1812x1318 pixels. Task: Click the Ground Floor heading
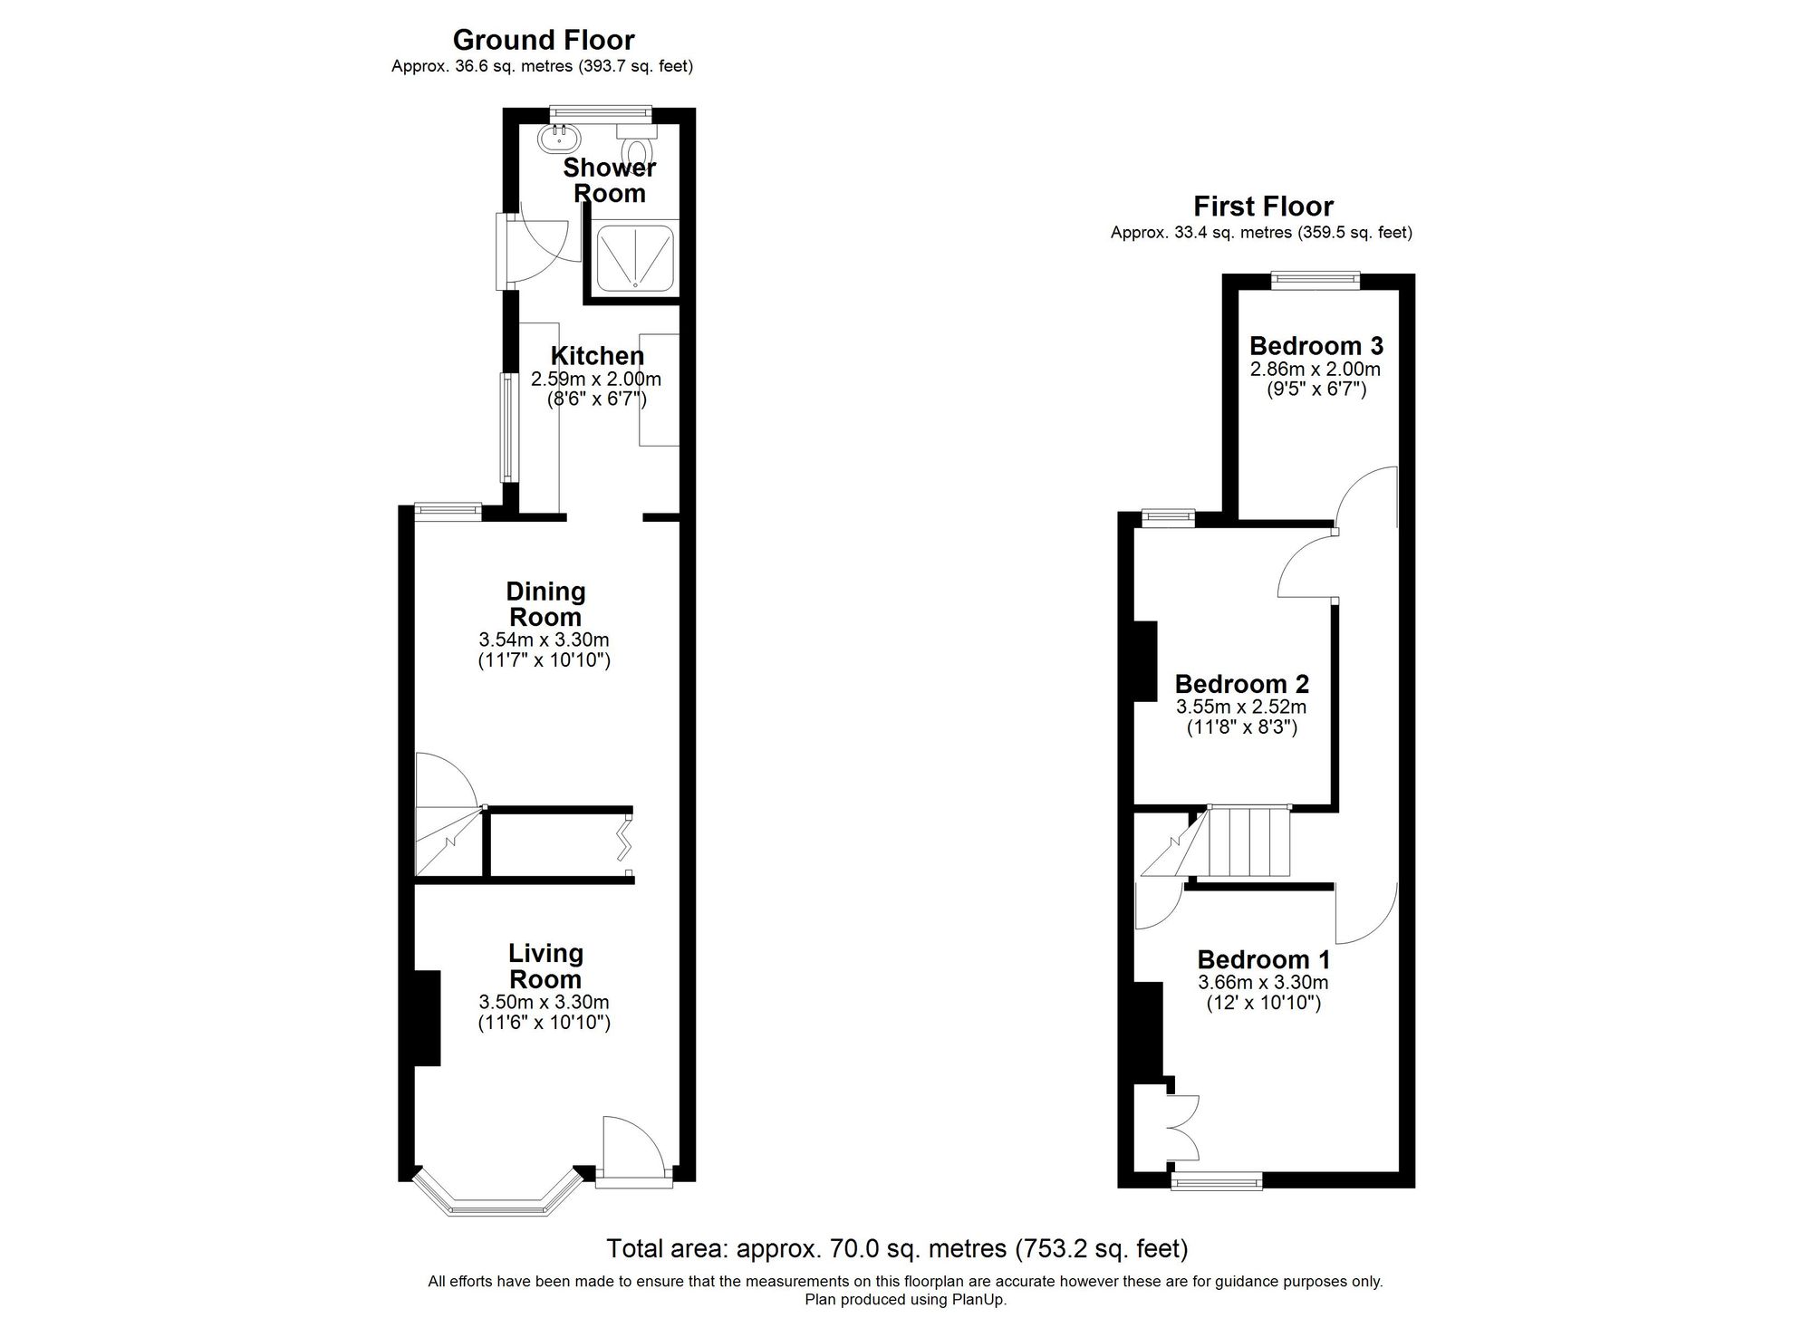tap(543, 40)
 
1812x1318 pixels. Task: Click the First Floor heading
tap(1262, 207)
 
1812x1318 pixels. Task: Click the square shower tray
tap(635, 255)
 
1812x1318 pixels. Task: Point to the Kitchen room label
tap(597, 356)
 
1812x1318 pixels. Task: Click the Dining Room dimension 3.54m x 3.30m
tap(544, 640)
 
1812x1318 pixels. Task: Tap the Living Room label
tap(545, 966)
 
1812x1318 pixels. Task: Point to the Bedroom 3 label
tap(1316, 346)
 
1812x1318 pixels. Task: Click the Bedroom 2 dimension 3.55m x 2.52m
tap(1240, 707)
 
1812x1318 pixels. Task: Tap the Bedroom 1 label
tap(1263, 959)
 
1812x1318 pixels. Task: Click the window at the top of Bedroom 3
tap(1316, 280)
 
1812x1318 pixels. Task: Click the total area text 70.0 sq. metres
tap(896, 1249)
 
